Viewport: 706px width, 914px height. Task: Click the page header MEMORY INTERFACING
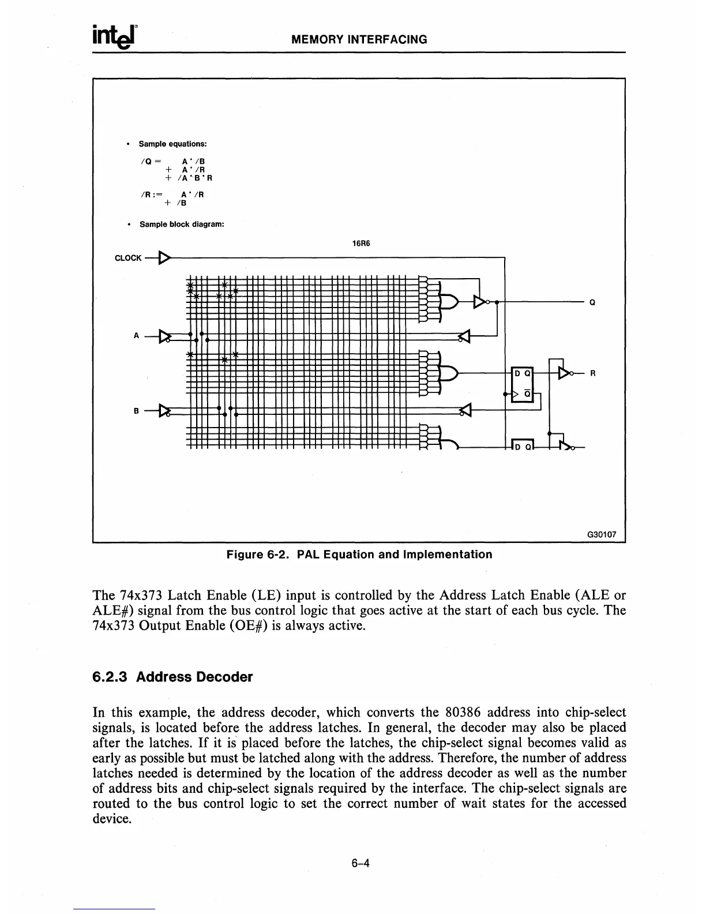point(359,40)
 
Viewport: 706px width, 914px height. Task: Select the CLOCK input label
point(128,258)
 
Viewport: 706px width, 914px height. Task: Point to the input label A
point(136,335)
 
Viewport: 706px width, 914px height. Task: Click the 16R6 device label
point(360,243)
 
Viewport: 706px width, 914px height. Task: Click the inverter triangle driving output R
point(565,373)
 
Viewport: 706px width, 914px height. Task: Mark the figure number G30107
point(601,534)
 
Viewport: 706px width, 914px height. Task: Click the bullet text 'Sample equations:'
point(172,144)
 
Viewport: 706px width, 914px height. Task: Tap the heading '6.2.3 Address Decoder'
point(172,677)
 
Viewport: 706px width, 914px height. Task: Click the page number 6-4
point(360,863)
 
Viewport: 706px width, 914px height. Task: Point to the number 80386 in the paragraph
point(469,712)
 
